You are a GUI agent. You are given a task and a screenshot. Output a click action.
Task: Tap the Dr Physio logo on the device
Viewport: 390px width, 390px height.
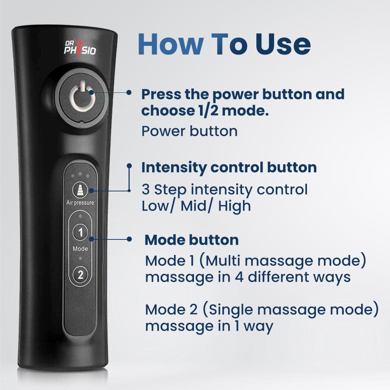[x=80, y=48]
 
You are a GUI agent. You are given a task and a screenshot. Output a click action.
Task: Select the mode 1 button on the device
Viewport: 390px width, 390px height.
[x=80, y=232]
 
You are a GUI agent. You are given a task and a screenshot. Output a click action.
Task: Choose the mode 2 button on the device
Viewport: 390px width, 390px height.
[x=80, y=275]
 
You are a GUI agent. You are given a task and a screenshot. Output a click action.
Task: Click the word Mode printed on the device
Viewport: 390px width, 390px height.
[x=80, y=249]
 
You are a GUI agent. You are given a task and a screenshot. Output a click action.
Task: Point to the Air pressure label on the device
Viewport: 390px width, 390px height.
[x=80, y=203]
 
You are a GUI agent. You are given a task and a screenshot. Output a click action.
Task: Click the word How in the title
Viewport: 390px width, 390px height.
[x=170, y=44]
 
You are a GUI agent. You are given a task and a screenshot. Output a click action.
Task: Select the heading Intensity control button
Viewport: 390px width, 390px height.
[x=229, y=168]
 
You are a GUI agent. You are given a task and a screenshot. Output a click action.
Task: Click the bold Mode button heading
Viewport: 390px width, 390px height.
[x=191, y=240]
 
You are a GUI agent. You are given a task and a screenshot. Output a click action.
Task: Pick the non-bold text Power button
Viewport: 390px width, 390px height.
[x=189, y=131]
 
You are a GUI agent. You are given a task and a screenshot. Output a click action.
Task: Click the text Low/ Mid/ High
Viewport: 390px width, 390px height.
[x=196, y=206]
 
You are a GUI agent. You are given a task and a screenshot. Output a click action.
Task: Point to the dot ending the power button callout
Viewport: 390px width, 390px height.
[x=129, y=92]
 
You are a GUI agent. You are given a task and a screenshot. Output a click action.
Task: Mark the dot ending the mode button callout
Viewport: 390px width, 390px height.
[x=129, y=239]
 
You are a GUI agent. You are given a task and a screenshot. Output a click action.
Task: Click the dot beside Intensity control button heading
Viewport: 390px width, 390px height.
[x=129, y=165]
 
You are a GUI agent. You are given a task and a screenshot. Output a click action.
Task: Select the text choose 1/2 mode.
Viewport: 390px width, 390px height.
[x=205, y=111]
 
